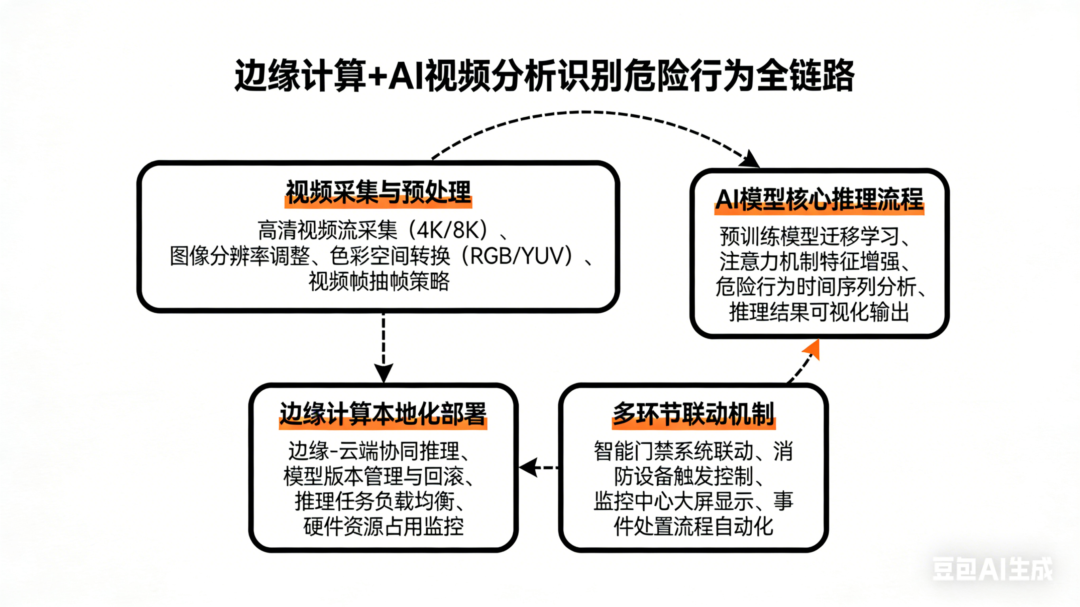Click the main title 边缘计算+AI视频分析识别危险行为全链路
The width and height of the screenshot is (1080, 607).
click(544, 76)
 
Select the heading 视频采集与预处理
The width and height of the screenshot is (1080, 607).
click(378, 193)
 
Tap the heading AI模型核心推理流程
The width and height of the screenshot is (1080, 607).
click(819, 200)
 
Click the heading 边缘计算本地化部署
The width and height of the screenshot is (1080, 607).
click(383, 414)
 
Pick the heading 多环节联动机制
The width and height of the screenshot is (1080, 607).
click(693, 414)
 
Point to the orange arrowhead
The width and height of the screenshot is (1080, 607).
click(812, 349)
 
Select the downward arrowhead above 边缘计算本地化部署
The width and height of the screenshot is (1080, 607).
click(383, 373)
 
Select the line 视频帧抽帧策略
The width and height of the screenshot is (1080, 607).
click(379, 282)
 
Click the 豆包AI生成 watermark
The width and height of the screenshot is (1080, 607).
click(992, 569)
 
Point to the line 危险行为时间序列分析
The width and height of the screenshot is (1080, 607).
click(815, 287)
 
